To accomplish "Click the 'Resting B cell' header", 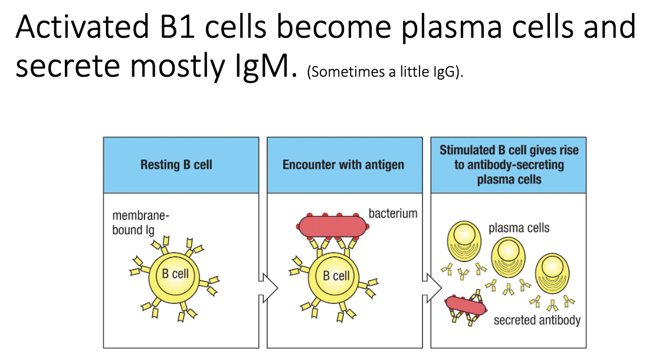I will (x=176, y=165).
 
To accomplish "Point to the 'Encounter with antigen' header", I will (x=343, y=165).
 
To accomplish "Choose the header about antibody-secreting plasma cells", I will (x=509, y=165).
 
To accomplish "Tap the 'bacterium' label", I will (x=392, y=213).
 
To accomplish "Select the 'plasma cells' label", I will (x=519, y=227).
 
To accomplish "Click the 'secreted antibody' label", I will (x=537, y=320).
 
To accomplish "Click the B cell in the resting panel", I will (x=176, y=274).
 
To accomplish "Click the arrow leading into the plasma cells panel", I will (x=432, y=287).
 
